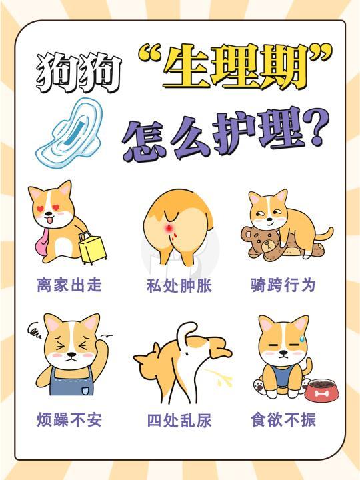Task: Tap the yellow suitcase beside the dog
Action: (x=91, y=247)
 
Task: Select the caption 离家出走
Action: (x=69, y=285)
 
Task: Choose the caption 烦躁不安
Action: (x=69, y=421)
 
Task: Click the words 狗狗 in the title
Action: (x=79, y=75)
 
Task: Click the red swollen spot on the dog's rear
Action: (x=171, y=231)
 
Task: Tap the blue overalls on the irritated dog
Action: (x=69, y=380)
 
